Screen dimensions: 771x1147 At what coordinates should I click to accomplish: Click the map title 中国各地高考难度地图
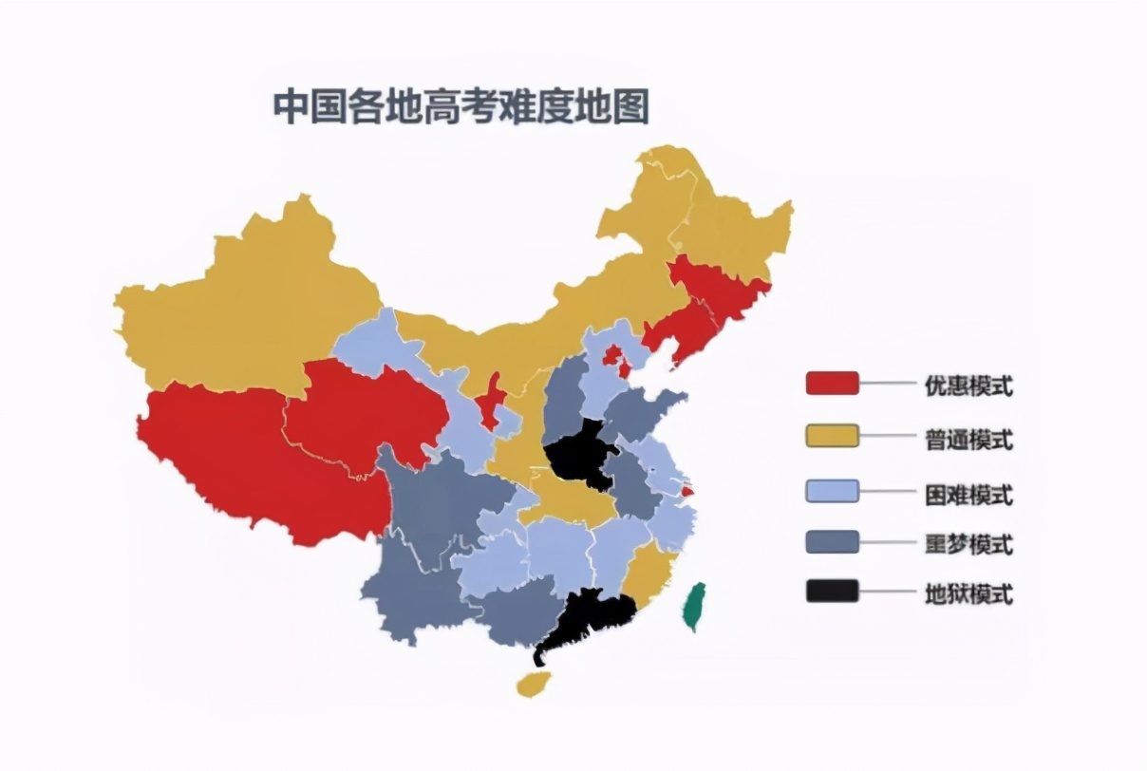[x=461, y=106]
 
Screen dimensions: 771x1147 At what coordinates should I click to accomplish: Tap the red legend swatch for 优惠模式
[x=832, y=384]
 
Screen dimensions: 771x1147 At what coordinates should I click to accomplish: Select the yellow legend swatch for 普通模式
[x=832, y=437]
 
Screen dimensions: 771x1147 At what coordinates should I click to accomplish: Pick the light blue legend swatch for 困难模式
[x=832, y=491]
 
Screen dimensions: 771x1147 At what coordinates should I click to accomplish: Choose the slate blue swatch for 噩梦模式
[x=832, y=542]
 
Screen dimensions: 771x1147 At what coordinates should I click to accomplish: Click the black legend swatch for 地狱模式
[x=832, y=592]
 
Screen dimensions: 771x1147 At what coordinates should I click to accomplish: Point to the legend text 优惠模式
[x=968, y=385]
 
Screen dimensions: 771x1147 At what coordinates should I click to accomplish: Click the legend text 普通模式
[x=968, y=440]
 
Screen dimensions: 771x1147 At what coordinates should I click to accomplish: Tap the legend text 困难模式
[x=968, y=494]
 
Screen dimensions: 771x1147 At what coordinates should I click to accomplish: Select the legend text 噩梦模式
[x=968, y=544]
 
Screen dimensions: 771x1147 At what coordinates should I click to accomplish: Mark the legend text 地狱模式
[x=968, y=594]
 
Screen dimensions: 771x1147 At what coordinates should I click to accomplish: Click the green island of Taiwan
[x=695, y=606]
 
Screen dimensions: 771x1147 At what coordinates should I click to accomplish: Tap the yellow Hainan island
[x=534, y=683]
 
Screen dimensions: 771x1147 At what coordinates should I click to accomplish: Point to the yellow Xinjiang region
[x=237, y=304]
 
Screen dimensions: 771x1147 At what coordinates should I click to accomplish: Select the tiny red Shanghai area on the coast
[x=688, y=492]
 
